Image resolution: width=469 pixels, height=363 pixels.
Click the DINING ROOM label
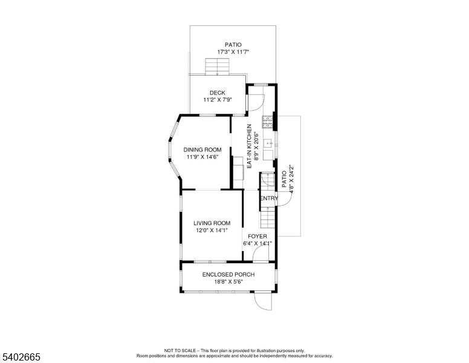202,149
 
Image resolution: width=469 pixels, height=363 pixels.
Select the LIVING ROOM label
212,223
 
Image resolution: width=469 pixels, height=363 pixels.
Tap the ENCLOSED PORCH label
228,274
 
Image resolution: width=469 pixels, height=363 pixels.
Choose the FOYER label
257,236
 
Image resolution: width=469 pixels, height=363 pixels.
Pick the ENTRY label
269,198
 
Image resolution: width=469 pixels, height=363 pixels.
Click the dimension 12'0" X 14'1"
212,230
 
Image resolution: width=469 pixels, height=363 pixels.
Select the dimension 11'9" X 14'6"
202,157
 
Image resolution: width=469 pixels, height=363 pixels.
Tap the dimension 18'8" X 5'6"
228,281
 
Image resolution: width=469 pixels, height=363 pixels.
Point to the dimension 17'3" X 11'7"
233,52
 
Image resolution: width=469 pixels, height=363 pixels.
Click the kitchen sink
269,143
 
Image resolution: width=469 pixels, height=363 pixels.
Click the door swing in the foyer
261,254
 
